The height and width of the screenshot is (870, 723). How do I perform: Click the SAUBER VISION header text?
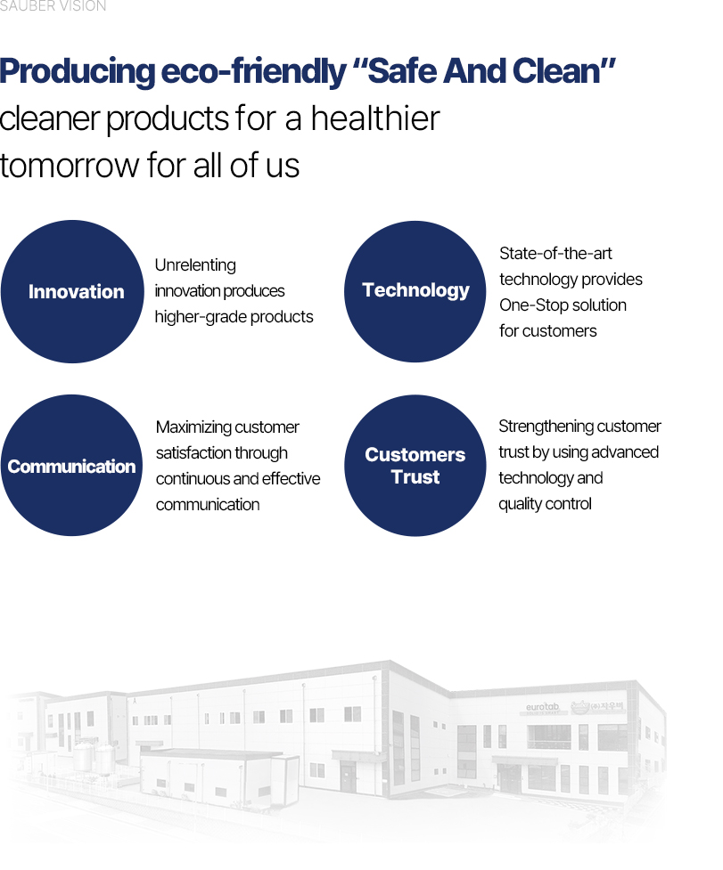coord(53,6)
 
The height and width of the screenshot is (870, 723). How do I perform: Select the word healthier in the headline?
coord(374,118)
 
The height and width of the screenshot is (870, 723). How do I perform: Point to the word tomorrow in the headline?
coord(70,166)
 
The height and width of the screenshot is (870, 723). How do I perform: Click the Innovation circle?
coord(72,292)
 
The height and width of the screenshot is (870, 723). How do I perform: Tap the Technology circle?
coord(415,292)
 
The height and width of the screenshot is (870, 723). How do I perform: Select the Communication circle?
coord(71,466)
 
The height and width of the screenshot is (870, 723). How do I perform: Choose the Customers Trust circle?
coord(415,466)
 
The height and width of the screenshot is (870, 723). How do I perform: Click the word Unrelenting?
coord(195,265)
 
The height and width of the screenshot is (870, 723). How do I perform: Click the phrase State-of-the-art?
coord(555,254)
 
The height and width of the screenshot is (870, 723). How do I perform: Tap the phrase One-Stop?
coord(534,305)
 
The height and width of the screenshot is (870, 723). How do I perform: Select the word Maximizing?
coord(193,427)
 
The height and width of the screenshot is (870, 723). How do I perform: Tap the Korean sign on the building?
coord(598,706)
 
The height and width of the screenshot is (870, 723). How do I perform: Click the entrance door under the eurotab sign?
coord(509,776)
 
